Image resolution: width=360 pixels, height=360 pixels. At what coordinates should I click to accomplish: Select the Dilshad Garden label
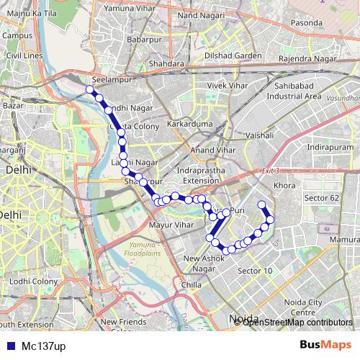tap(232, 55)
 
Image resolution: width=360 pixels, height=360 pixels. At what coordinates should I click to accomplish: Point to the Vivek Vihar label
tap(228, 86)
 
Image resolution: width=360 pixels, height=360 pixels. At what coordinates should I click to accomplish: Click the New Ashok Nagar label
tap(205, 264)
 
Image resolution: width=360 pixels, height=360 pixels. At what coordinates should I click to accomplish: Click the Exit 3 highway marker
tap(270, 170)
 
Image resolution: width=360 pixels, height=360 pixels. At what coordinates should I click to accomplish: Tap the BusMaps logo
tap(325, 345)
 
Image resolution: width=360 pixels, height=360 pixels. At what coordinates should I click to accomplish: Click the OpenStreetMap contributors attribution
tap(297, 322)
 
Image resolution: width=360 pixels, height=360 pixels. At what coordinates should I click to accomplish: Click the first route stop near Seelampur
tap(90, 89)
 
